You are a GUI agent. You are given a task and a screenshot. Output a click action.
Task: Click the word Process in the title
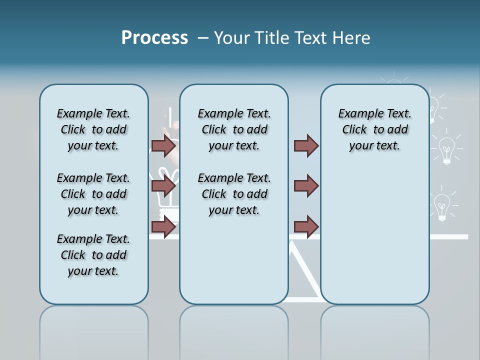(x=154, y=38)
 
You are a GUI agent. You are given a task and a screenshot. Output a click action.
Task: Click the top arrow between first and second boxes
(x=163, y=146)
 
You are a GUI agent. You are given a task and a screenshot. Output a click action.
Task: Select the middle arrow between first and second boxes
(x=163, y=186)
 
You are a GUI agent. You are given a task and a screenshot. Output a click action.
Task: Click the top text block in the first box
(x=93, y=129)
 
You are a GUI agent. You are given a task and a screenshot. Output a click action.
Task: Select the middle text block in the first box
(x=93, y=194)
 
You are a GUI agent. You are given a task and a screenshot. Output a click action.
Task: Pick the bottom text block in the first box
(x=93, y=255)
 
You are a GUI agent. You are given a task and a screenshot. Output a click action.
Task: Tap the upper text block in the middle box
(x=234, y=129)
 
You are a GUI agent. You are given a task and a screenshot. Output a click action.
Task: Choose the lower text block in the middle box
(x=234, y=194)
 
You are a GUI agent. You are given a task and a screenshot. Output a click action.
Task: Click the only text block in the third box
(x=374, y=129)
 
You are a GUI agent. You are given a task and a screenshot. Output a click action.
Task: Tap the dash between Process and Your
(x=203, y=38)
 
